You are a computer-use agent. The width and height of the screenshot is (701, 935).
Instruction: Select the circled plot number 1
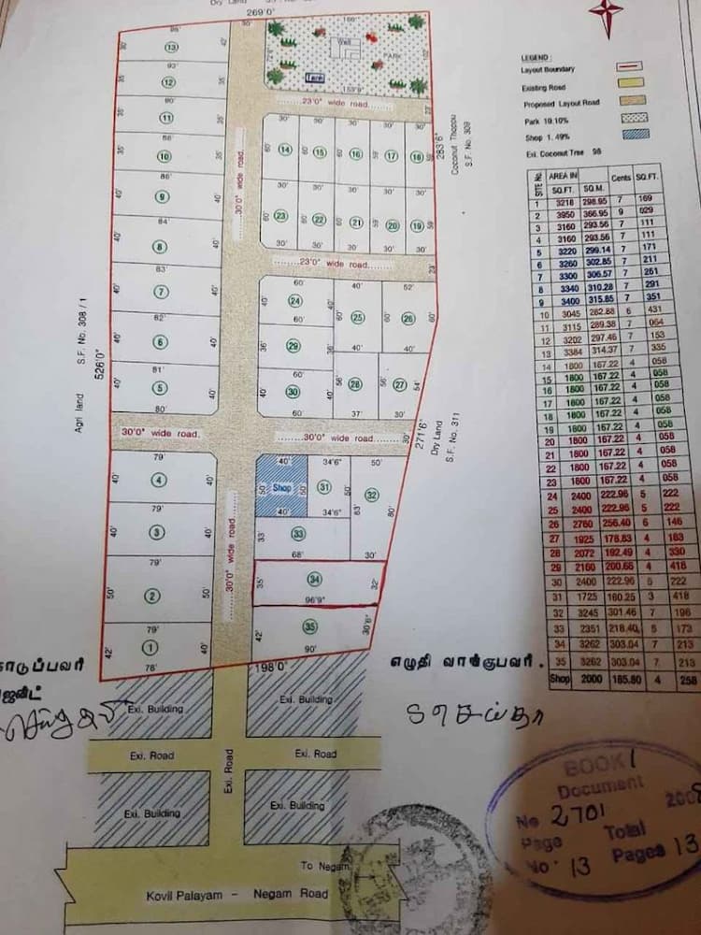148,647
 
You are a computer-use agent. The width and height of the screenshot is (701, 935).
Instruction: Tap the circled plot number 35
310,627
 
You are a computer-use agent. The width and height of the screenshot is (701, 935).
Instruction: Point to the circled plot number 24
295,301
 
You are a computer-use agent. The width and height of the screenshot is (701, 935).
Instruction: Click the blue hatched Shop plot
281,487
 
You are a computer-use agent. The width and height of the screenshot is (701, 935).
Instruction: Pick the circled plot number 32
371,495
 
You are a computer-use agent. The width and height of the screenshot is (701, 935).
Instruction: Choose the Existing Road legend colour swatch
627,87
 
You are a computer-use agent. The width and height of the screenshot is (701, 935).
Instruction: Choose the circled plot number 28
354,384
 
